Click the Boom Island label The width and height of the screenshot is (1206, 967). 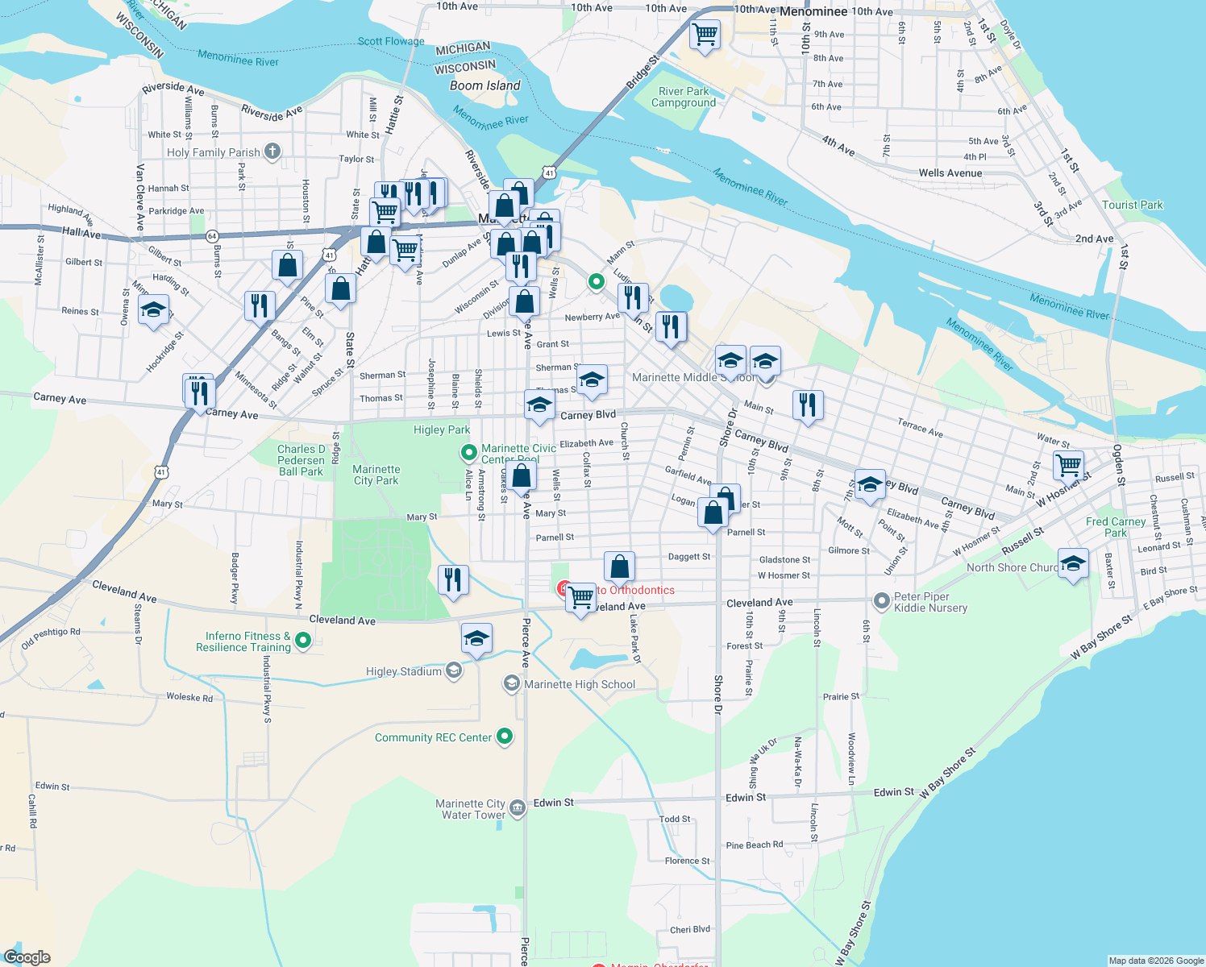(484, 85)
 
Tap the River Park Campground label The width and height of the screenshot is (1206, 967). (684, 97)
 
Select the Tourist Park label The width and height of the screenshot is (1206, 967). (1132, 205)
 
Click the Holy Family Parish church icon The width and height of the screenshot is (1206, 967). (272, 151)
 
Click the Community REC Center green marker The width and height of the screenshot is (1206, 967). (505, 736)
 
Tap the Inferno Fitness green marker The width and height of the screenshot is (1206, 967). (303, 641)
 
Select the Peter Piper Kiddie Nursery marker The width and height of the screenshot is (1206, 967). (881, 600)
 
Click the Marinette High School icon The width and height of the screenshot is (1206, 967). (511, 684)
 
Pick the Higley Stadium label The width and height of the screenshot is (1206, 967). (404, 671)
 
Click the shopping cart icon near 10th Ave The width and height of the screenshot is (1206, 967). (705, 35)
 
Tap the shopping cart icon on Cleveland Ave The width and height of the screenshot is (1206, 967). (580, 598)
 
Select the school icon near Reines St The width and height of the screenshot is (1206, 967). (153, 309)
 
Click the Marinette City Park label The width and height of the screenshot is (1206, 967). (376, 475)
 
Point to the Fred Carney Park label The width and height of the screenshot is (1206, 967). (1116, 527)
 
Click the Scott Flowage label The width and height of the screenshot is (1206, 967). (391, 41)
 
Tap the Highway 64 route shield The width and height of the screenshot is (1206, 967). (212, 236)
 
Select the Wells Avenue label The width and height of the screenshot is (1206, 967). (950, 172)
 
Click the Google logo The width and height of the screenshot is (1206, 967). (27, 957)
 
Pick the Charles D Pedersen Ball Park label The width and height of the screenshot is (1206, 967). (301, 460)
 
